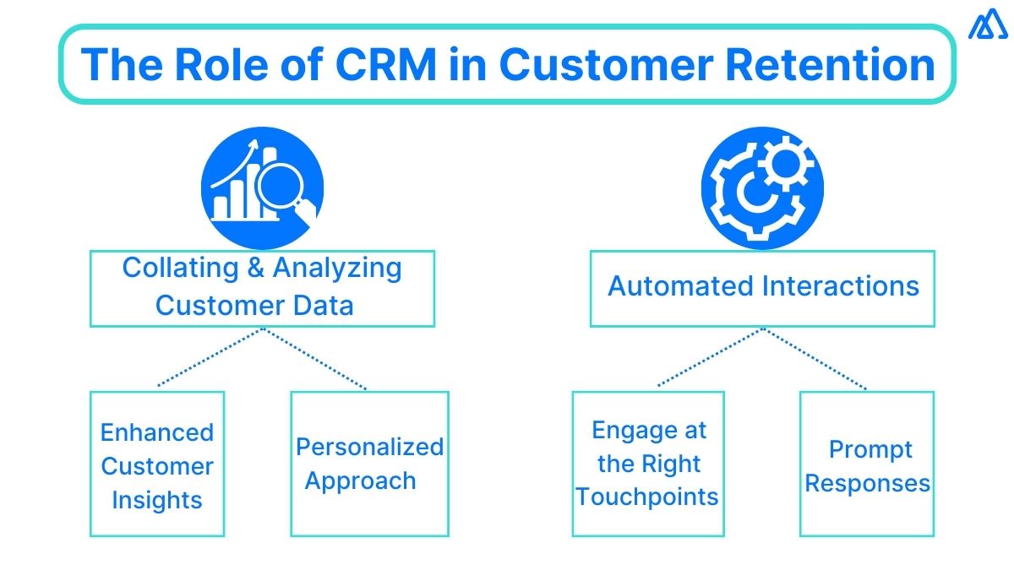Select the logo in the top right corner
tap(987, 26)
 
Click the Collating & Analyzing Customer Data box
tap(262, 288)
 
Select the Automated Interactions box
tap(762, 288)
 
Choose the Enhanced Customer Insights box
tap(157, 464)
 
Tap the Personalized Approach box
tap(369, 464)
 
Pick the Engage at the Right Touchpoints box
tap(648, 464)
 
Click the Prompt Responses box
tap(867, 464)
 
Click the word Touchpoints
tap(648, 497)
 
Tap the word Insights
tap(157, 499)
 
